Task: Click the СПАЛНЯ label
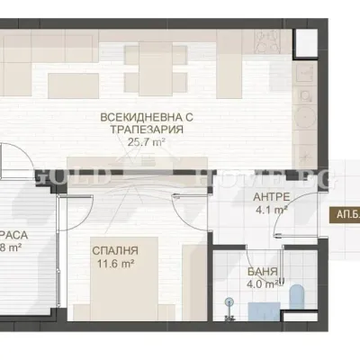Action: point(114,251)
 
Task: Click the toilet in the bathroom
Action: point(298,298)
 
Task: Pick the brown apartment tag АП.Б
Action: point(346,215)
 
